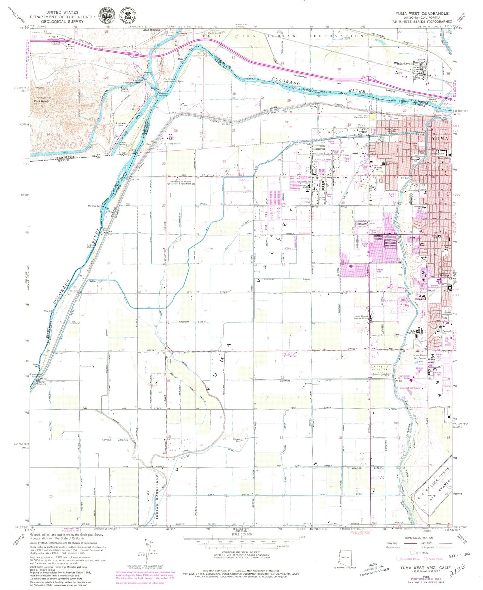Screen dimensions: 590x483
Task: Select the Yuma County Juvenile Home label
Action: pyautogui.click(x=361, y=317)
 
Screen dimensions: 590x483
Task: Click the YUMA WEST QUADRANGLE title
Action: pyautogui.click(x=422, y=13)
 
